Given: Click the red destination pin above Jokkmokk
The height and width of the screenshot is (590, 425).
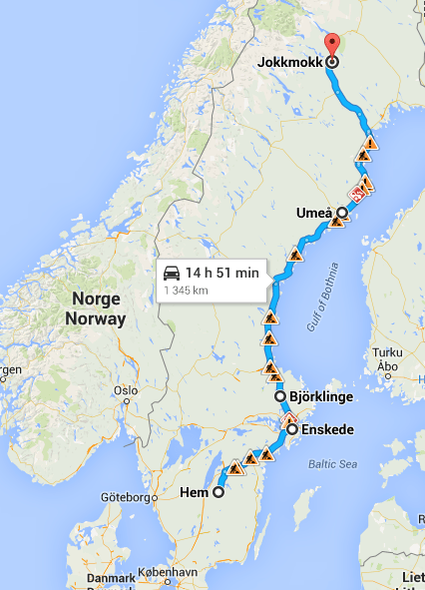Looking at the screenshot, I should tap(332, 45).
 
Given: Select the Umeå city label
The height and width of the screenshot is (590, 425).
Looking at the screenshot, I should tap(314, 213).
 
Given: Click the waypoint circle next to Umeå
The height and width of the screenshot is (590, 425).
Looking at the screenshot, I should tap(341, 213).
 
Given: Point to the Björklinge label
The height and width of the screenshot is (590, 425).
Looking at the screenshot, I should tap(323, 397).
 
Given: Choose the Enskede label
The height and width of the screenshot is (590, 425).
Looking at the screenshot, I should tap(326, 430).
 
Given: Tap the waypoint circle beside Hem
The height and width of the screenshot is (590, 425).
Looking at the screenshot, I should tap(218, 491).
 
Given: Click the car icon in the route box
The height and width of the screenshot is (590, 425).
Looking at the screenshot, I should tap(172, 272).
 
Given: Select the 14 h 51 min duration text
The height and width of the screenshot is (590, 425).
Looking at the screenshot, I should tap(222, 272).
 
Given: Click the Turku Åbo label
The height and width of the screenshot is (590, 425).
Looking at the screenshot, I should tap(385, 359).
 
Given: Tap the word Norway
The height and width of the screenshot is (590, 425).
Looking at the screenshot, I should tap(96, 319).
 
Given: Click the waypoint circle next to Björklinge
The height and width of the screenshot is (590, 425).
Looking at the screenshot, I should tap(281, 397).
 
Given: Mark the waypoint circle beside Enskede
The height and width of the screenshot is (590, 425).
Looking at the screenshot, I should tap(292, 430).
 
